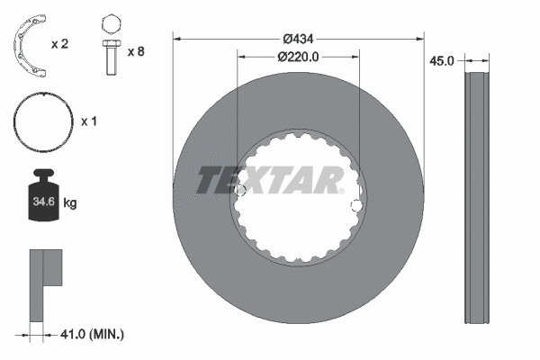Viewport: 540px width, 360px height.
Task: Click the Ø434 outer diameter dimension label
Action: point(298,39)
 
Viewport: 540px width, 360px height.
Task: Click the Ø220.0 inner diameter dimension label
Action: point(298,56)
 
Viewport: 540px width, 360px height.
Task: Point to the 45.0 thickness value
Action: point(441,61)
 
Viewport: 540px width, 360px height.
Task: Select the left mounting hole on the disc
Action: point(240,191)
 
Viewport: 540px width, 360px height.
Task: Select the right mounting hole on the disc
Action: point(356,207)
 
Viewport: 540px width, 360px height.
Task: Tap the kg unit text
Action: point(70,204)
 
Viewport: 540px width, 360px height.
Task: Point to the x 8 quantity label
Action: point(136,51)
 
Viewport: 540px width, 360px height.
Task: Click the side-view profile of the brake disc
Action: point(477,198)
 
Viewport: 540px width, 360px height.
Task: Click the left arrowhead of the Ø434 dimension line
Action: point(177,39)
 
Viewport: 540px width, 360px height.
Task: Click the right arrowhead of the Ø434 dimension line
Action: point(418,39)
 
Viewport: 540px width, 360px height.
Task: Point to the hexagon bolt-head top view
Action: point(111,22)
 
